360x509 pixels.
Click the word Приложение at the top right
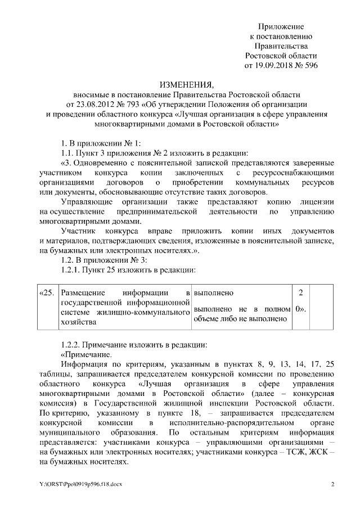(x=281, y=27)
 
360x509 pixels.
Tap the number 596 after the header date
(x=310, y=65)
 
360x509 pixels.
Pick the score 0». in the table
(x=301, y=309)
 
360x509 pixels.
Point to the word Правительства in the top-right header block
(x=281, y=46)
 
